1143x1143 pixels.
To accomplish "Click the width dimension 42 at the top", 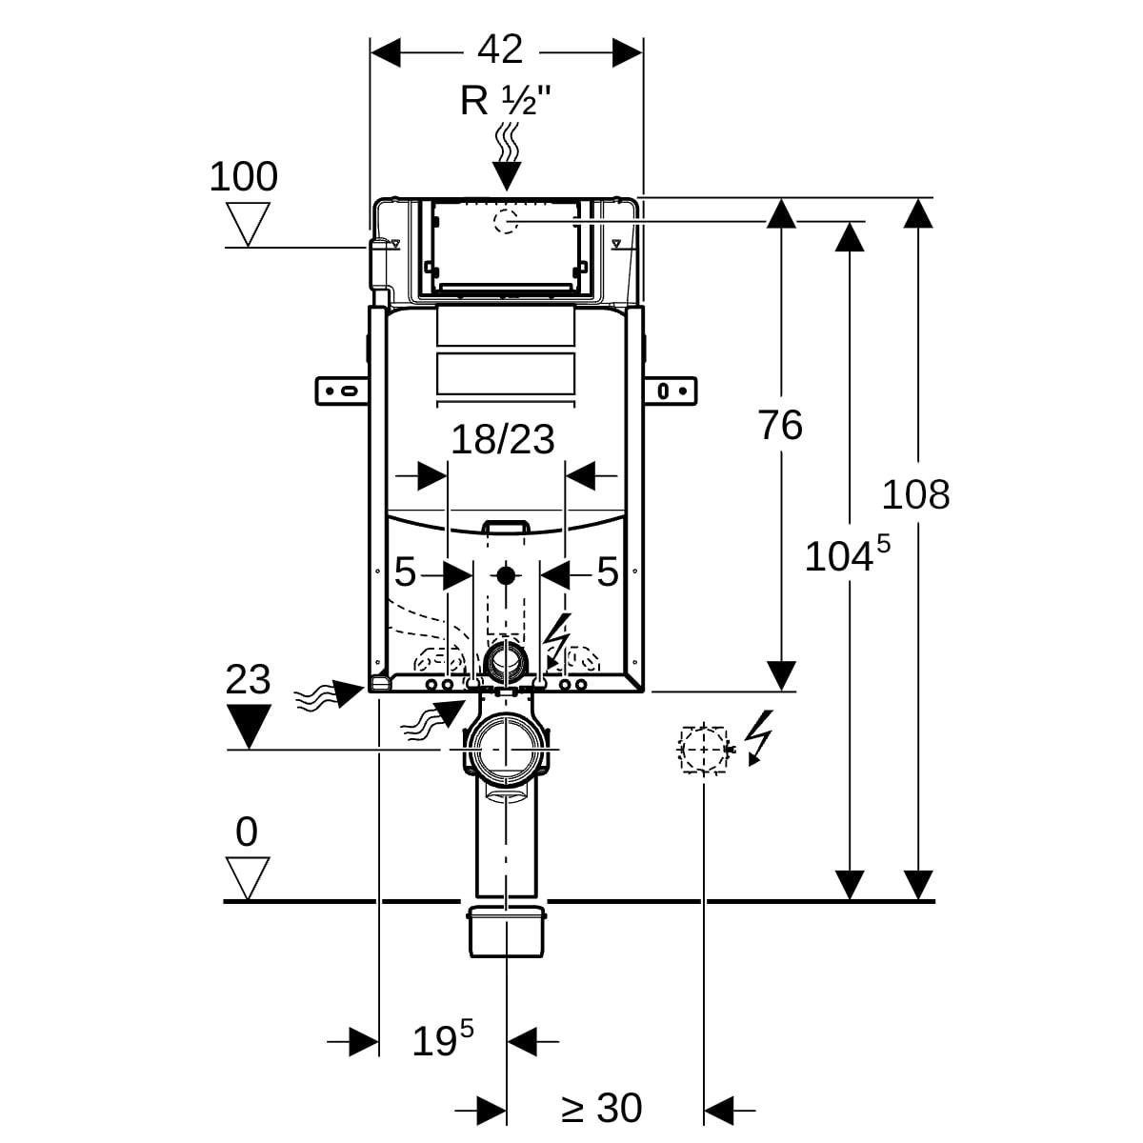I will [x=501, y=50].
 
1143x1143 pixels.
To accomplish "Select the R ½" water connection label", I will [x=506, y=101].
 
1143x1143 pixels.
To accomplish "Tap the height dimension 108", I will [x=915, y=495].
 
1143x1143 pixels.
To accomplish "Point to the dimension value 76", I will [x=780, y=425].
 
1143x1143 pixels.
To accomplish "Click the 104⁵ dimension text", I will [x=847, y=555].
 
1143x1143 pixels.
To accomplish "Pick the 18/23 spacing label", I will [x=502, y=440].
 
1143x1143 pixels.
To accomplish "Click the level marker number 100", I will [x=244, y=177].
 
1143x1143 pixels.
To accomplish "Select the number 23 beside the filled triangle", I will [x=249, y=680].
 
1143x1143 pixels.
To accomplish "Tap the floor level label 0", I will [x=247, y=832].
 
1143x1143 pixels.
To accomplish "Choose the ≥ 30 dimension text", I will [x=601, y=1109].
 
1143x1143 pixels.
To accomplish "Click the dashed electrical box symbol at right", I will [x=704, y=749].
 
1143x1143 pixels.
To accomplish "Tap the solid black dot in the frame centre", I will [x=505, y=574].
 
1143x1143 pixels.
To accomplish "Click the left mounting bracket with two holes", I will [x=340, y=391].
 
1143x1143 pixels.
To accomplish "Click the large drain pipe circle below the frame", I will [x=506, y=749].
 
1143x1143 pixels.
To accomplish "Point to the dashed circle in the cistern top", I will [x=503, y=222].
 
